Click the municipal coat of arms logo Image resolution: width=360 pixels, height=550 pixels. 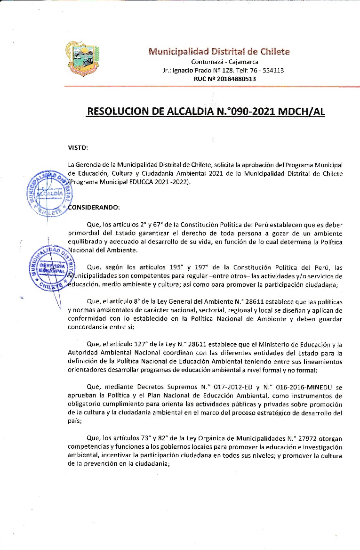click(x=82, y=58)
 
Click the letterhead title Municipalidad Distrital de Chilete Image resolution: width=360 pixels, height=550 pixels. click(x=219, y=51)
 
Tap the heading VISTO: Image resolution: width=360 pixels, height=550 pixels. click(x=78, y=148)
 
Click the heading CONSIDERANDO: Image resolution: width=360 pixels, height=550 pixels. click(x=94, y=207)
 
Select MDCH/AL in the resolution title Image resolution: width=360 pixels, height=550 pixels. click(x=302, y=112)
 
